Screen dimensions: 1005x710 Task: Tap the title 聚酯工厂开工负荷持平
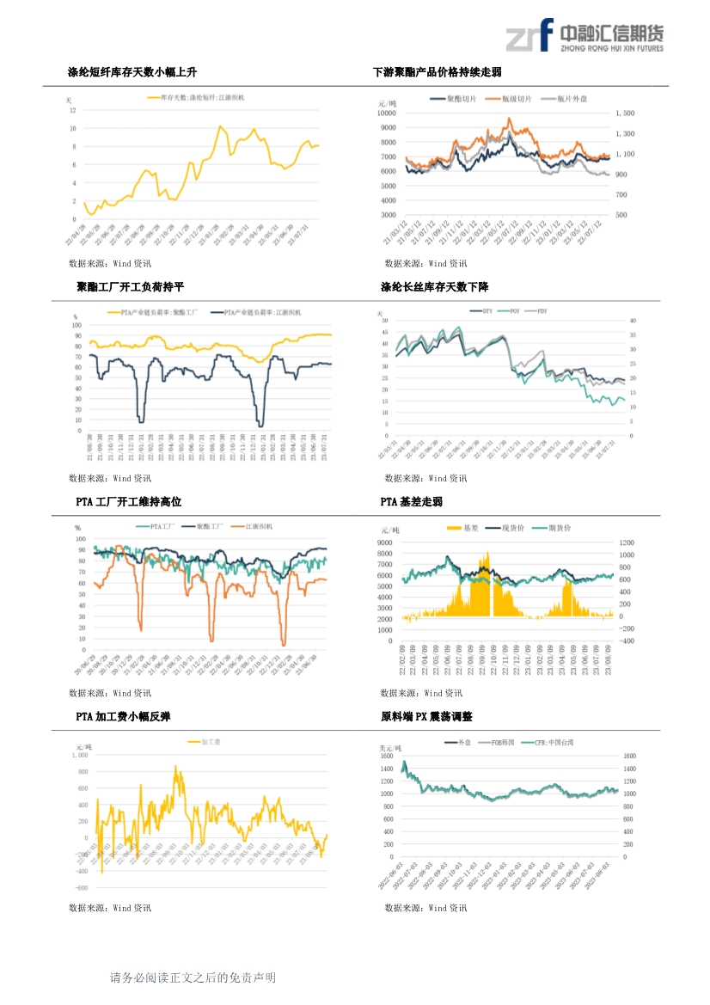(x=130, y=286)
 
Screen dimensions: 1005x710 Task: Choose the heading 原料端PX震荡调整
(x=426, y=716)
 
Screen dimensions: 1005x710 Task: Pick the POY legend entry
(x=514, y=310)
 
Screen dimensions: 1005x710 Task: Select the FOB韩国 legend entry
(x=501, y=741)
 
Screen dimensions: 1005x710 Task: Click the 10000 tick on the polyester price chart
(x=386, y=113)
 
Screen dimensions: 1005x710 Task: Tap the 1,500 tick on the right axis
(x=625, y=113)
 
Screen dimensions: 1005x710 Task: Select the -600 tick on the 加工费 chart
(x=81, y=887)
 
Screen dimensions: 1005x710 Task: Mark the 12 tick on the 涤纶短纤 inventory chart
(x=73, y=110)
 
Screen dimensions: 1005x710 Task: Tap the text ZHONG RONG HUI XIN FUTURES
(x=611, y=49)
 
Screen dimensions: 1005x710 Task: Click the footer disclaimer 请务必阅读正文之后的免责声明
(x=193, y=977)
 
